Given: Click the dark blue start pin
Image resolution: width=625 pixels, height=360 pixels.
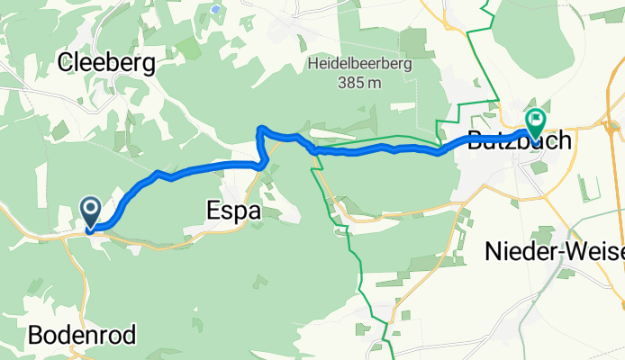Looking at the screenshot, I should (92, 212).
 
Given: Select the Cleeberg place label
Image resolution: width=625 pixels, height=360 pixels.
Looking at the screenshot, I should (106, 63).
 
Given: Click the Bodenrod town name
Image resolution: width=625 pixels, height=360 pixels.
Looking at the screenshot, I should (82, 337).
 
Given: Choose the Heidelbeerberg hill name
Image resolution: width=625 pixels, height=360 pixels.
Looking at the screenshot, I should (365, 64).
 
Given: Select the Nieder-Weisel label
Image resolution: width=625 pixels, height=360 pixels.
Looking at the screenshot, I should (555, 253).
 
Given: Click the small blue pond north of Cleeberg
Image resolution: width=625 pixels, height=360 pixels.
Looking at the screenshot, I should (216, 9).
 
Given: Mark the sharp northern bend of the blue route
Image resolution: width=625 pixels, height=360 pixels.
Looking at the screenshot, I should (260, 130).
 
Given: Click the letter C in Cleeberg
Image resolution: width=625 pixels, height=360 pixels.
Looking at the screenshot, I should (66, 63).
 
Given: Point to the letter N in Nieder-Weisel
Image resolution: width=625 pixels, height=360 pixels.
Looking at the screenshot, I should (494, 253).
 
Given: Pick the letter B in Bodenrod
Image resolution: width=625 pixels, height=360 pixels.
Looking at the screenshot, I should (35, 337).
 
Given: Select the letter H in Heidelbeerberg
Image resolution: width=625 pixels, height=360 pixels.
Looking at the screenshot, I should (312, 64).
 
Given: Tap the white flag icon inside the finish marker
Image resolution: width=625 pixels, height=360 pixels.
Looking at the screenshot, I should (537, 118).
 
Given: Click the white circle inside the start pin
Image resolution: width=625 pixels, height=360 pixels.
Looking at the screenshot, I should (92, 208).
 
